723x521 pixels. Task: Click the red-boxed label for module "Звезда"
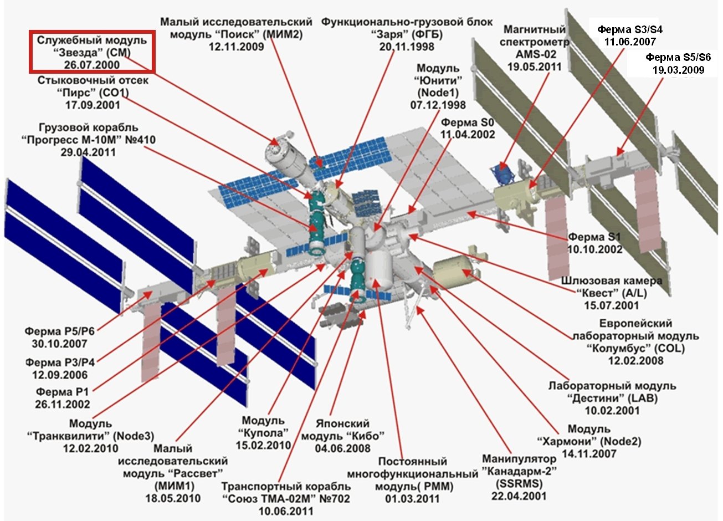(x=92, y=52)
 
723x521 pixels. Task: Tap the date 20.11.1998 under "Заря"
(x=407, y=47)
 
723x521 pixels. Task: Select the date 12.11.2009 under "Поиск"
(x=236, y=47)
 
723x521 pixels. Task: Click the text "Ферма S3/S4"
(x=630, y=30)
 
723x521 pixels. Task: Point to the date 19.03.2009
(x=678, y=70)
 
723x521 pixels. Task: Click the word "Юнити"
(x=438, y=80)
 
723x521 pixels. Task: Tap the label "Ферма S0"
(x=468, y=122)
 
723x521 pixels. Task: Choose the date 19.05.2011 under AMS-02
(x=535, y=67)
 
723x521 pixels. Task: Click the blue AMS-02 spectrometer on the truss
(x=502, y=175)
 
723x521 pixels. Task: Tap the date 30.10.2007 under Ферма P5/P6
(x=60, y=344)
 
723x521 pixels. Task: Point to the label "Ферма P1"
(x=62, y=392)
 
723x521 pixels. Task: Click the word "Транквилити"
(x=69, y=436)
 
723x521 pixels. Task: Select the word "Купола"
(x=263, y=433)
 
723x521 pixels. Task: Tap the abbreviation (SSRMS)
(x=519, y=483)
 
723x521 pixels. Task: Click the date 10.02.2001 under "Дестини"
(x=612, y=411)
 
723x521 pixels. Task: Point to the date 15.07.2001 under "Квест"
(x=612, y=305)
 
